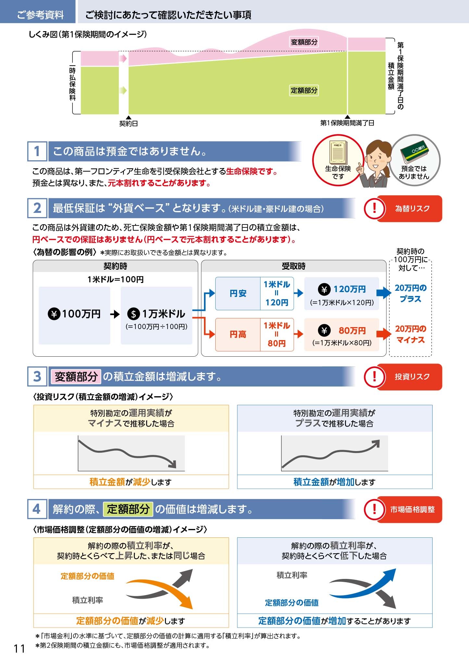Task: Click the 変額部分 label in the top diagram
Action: [x=304, y=42]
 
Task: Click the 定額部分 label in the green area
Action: [x=304, y=90]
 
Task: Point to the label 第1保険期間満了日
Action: [x=347, y=123]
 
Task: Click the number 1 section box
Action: [x=37, y=151]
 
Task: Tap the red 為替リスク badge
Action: [x=409, y=209]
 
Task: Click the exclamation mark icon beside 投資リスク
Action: [x=374, y=377]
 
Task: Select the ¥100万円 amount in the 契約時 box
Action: [x=74, y=314]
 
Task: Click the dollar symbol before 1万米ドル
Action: [x=133, y=314]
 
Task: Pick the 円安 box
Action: [x=238, y=293]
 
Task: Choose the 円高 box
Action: [x=238, y=334]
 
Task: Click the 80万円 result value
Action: [x=352, y=331]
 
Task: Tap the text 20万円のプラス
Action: [x=411, y=293]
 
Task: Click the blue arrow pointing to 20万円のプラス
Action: [x=384, y=293]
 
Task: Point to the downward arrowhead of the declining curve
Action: [x=173, y=464]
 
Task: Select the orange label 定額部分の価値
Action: [x=87, y=576]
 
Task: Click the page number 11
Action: [x=19, y=649]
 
